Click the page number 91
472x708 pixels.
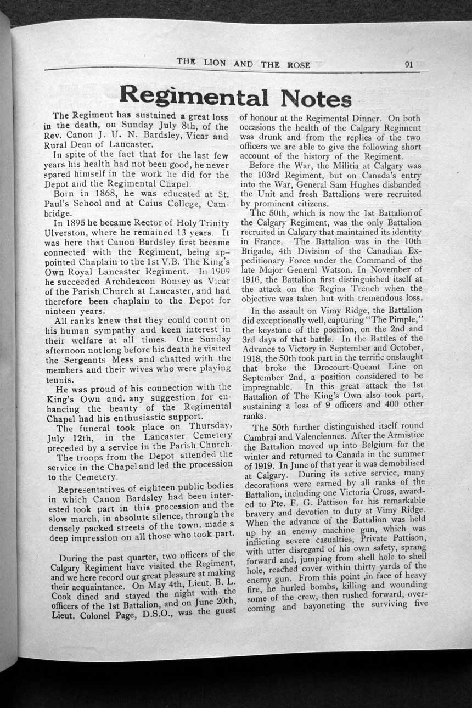[408, 64]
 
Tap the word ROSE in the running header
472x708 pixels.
[297, 64]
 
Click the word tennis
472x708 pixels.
[58, 380]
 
